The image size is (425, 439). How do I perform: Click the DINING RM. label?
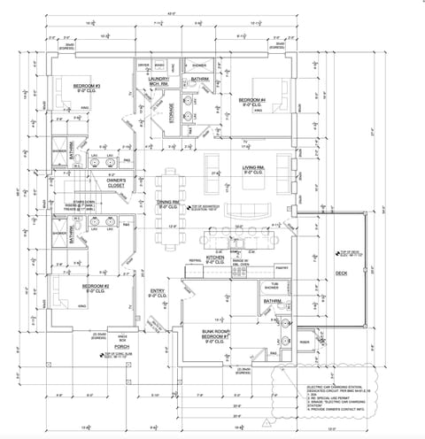pyautogui.click(x=169, y=202)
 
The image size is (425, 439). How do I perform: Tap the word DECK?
pyautogui.click(x=341, y=273)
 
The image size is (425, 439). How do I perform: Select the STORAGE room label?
pyautogui.click(x=171, y=113)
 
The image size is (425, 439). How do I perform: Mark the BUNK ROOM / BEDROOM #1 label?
pyautogui.click(x=215, y=335)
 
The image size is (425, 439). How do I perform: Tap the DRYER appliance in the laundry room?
pyautogui.click(x=143, y=66)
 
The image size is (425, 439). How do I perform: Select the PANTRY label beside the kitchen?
pyautogui.click(x=282, y=266)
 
